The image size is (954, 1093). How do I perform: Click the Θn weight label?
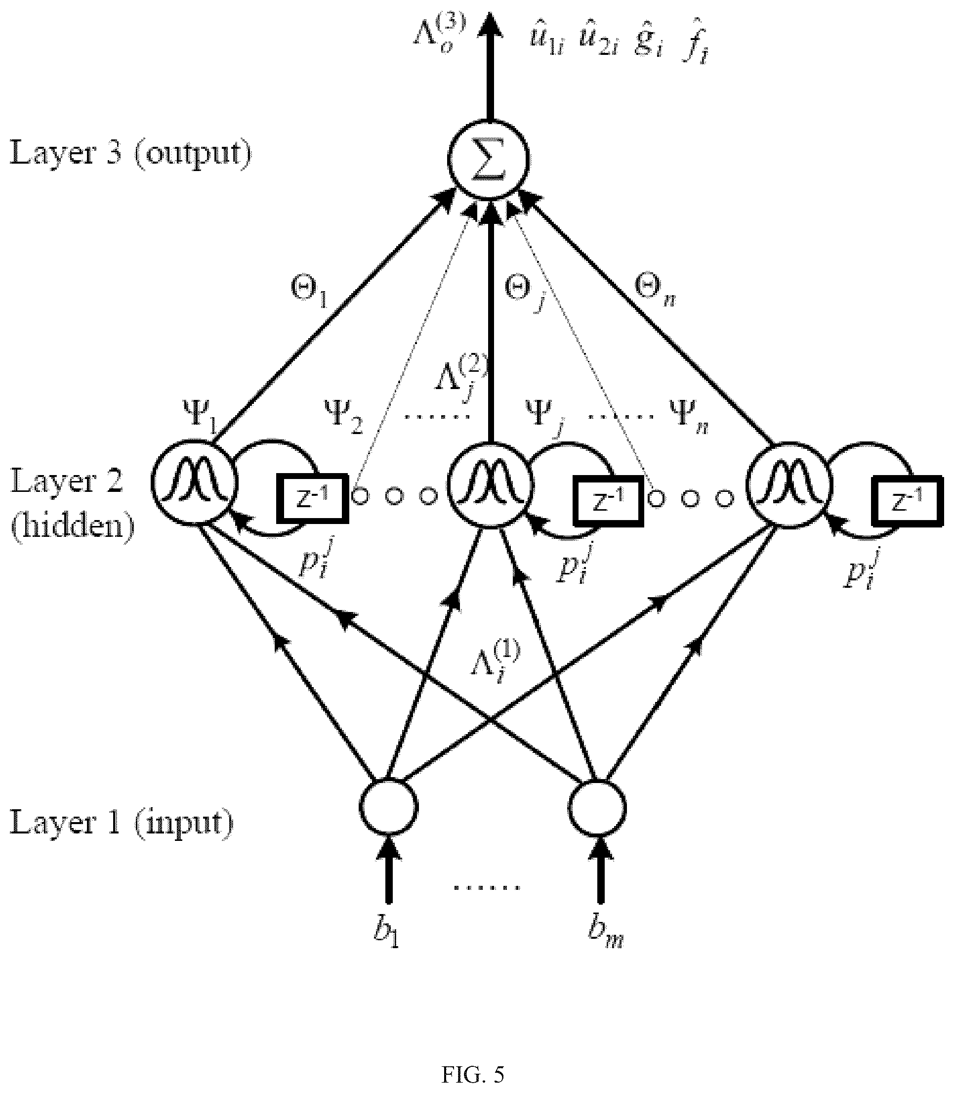[x=655, y=291]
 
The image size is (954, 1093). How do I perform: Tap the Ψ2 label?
[x=343, y=417]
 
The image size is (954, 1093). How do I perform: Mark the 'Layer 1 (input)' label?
[x=122, y=823]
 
